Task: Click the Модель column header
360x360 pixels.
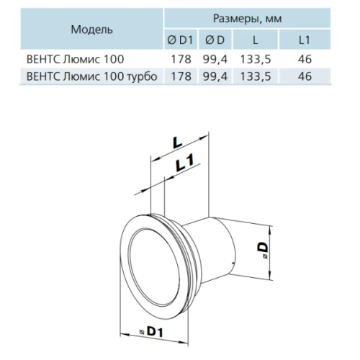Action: coord(91,30)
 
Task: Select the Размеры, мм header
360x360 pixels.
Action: coord(247,19)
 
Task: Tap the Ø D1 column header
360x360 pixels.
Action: coord(180,40)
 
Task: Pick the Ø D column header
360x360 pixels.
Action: coord(215,40)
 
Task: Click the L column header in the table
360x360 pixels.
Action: coord(256,40)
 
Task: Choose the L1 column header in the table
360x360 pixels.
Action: coord(305,40)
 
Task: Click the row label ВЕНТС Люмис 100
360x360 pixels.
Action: coord(75,59)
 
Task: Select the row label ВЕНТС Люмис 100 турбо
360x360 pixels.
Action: coord(91,76)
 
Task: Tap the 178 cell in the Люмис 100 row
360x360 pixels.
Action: coord(181,59)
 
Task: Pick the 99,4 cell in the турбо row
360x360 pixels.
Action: coord(215,76)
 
